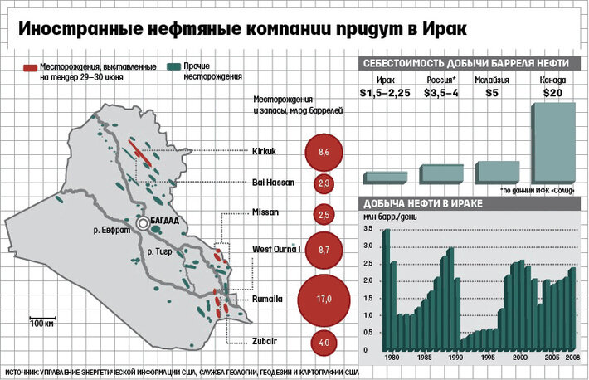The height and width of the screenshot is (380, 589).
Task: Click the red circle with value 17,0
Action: pos(324,298)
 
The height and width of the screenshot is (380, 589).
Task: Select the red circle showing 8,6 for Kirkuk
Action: pos(324,153)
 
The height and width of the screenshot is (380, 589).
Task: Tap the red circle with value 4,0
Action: pos(324,341)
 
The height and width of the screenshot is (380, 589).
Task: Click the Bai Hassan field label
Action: pos(270,183)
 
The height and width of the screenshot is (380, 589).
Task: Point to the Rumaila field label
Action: pos(267,298)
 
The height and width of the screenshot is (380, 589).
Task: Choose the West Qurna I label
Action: pos(275,249)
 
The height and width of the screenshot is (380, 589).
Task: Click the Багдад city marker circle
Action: pos(144,224)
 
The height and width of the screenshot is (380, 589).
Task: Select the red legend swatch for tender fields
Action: pos(30,66)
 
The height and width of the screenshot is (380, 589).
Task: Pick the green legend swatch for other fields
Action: pos(173,66)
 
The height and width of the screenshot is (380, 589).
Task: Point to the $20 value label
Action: pos(552,93)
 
